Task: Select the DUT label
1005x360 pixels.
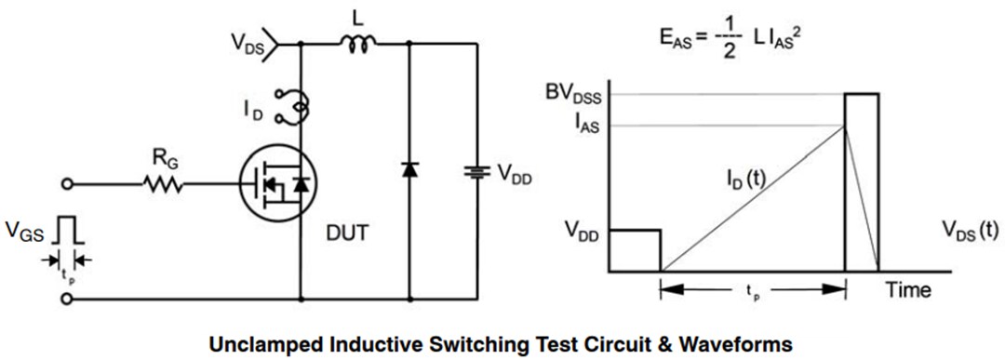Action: coord(347,233)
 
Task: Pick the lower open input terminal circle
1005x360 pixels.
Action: coord(66,300)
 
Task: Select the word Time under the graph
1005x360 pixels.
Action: coord(907,290)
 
